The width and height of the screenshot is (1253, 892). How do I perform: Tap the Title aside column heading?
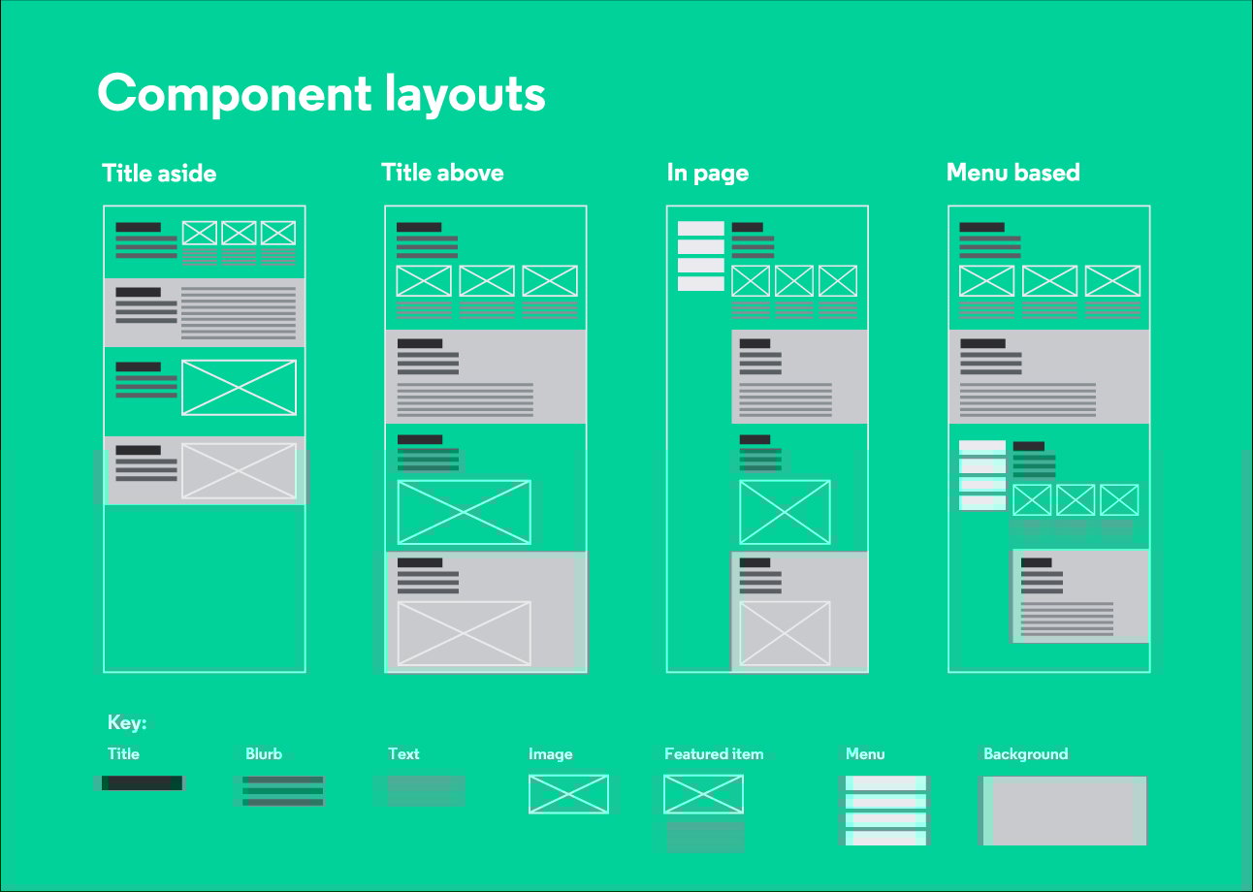[159, 174]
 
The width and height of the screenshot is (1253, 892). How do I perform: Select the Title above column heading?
[442, 173]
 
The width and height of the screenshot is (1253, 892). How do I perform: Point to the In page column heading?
[708, 174]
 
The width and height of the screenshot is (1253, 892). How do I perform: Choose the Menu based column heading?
[1013, 173]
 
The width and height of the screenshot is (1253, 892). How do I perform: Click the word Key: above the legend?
[127, 722]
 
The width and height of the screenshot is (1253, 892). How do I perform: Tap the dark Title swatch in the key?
[143, 783]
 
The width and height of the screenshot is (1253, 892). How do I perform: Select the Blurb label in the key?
[264, 754]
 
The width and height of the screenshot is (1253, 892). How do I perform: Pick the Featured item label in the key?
[714, 754]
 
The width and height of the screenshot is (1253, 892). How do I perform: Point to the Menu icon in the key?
[885, 811]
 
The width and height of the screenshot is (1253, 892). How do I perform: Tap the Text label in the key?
[403, 754]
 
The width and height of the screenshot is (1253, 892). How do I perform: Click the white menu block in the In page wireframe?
[701, 256]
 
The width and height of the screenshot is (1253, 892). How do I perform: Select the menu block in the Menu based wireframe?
[982, 475]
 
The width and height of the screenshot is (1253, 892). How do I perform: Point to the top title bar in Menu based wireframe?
[981, 227]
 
